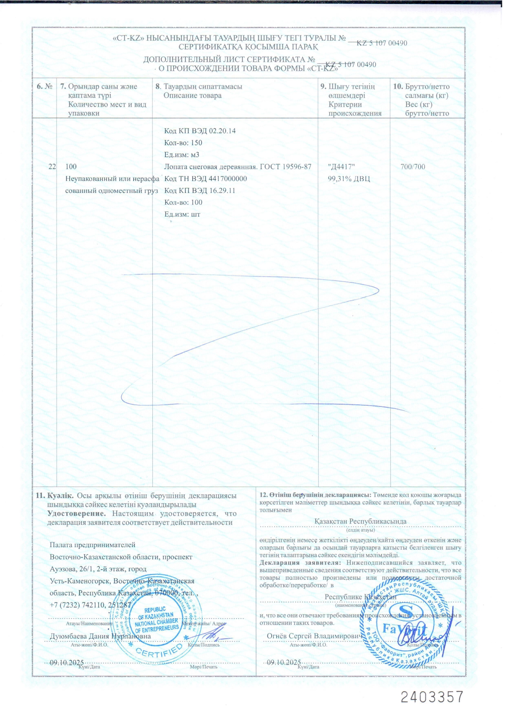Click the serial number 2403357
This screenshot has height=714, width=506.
[x=432, y=697]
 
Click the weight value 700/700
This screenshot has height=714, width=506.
[x=413, y=167]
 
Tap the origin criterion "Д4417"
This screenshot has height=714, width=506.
[x=341, y=167]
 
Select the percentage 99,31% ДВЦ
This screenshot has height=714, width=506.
[x=349, y=179]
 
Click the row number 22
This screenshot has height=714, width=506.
[x=52, y=167]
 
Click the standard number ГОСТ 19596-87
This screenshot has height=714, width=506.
[x=286, y=167]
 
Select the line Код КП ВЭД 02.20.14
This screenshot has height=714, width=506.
[x=200, y=131]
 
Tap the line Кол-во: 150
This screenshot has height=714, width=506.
[x=183, y=143]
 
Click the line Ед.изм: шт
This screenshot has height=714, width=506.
[x=182, y=214]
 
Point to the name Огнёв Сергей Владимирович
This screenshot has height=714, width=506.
[x=314, y=636]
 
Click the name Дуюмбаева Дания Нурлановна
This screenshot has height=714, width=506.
[x=100, y=636]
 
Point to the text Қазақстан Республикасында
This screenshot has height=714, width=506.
[x=360, y=522]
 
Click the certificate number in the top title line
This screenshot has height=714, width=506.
[x=382, y=43]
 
